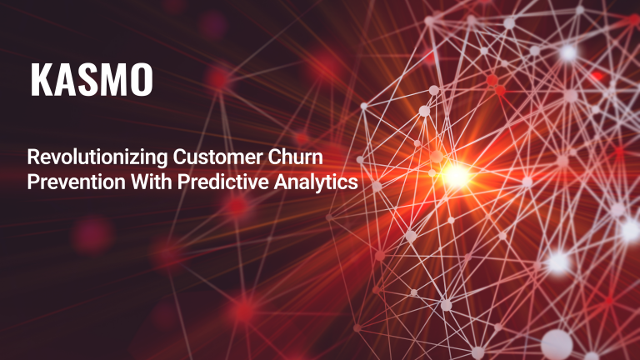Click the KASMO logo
(92, 80)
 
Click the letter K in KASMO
(41, 80)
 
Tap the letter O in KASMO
(141, 80)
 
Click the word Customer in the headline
(218, 157)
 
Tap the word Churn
(296, 157)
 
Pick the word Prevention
(77, 182)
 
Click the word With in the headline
(152, 182)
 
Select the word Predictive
(223, 182)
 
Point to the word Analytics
(316, 182)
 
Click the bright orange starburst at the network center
(456, 176)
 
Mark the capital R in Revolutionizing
(33, 157)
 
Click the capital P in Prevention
(32, 182)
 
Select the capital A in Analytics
(280, 182)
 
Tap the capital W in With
(140, 182)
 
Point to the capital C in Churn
(274, 157)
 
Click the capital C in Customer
(179, 157)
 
